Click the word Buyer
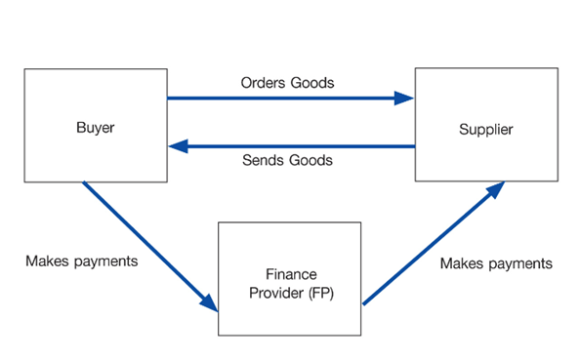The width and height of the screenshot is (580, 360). click(x=94, y=128)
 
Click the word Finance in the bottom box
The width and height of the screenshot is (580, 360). click(x=289, y=275)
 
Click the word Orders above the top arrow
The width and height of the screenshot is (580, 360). click(x=263, y=82)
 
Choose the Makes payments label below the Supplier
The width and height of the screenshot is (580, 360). click(x=496, y=263)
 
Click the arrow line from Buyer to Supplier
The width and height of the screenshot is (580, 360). click(x=283, y=98)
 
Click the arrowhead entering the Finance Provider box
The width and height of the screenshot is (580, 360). click(x=208, y=300)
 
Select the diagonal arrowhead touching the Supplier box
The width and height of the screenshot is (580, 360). click(x=495, y=189)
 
